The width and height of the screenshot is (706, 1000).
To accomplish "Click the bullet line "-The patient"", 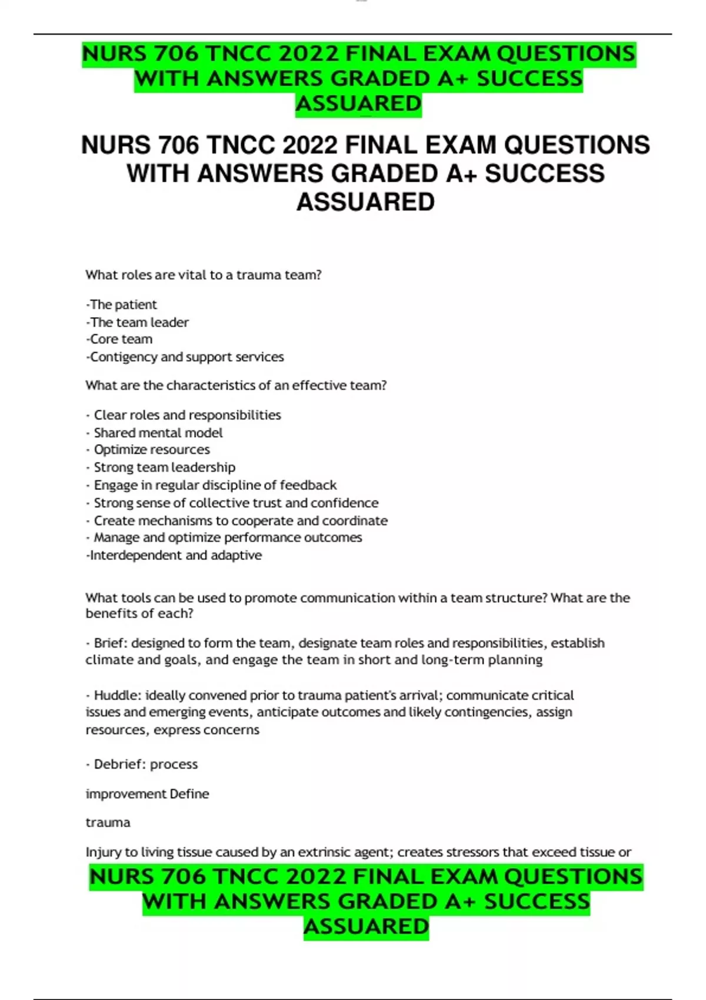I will (x=121, y=305).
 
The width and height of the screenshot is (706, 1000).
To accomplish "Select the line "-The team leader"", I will (x=137, y=322).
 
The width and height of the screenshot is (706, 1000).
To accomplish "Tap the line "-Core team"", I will (x=119, y=339).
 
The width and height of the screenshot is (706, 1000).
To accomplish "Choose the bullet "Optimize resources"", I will (x=151, y=450).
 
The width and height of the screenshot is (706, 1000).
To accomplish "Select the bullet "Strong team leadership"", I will (x=164, y=468).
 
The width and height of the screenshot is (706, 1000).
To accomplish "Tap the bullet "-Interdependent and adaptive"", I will (x=174, y=555).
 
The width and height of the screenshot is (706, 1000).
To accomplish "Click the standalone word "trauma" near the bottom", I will (x=108, y=822).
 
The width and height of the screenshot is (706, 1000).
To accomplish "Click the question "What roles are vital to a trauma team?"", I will (x=203, y=275).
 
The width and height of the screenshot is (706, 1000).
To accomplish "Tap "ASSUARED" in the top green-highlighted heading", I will (x=358, y=104).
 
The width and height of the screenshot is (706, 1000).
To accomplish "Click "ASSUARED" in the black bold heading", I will (x=365, y=202).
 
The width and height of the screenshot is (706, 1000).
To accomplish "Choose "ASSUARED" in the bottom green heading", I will (x=366, y=926).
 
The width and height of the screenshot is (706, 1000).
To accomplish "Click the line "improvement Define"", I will (x=147, y=794).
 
